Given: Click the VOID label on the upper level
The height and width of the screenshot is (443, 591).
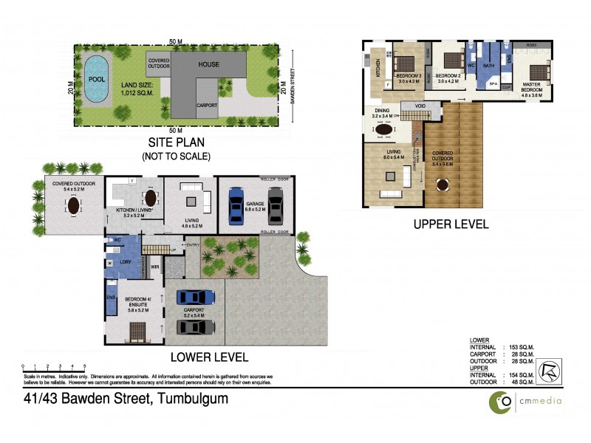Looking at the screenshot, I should pos(420,106).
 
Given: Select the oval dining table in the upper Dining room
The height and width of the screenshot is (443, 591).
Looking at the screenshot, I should pos(385,131).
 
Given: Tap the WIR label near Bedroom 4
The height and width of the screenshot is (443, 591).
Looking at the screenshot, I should pos(155,267).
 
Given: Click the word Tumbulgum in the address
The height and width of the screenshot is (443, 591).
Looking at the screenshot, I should pos(190,399).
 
